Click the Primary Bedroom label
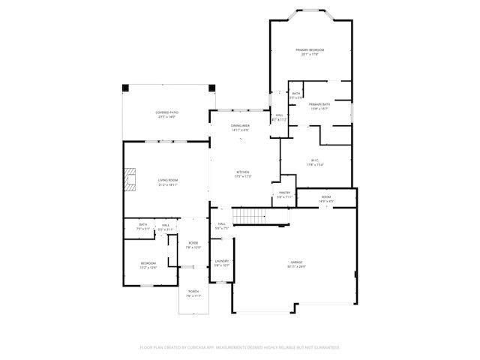coord(310,49)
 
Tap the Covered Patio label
coord(166,112)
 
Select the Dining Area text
coord(240,125)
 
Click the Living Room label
coord(167,180)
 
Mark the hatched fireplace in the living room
coord(130,180)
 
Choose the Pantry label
coord(284,192)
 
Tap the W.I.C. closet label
coord(316,160)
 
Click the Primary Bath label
coord(319,104)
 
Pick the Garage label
coord(296,262)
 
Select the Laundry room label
coord(221,261)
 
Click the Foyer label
coord(193,242)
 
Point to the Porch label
coord(193,291)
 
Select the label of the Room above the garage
coord(326,196)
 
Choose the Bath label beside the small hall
coord(142,224)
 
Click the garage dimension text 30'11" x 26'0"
coord(296,266)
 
